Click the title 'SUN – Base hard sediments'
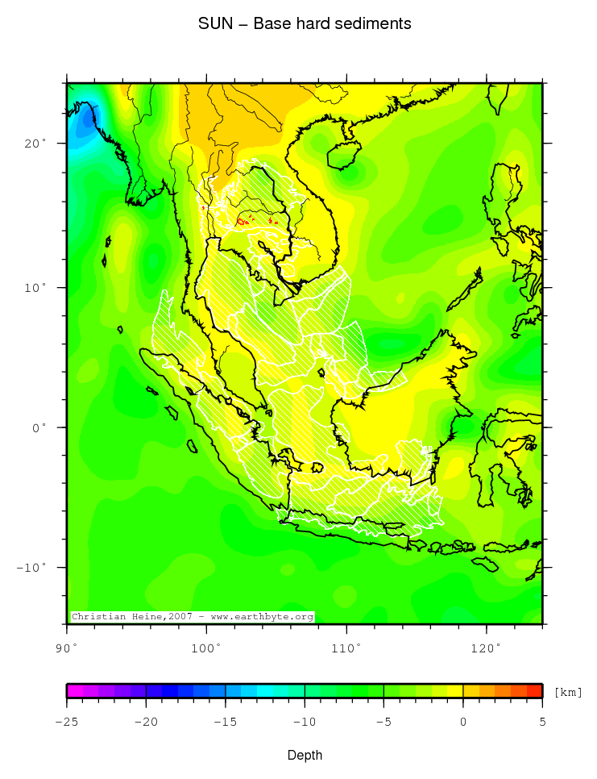click(305, 24)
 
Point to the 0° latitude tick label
click(38, 427)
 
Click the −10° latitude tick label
click(31, 568)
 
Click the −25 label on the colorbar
click(66, 721)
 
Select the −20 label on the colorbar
click(145, 721)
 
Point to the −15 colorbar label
click(224, 721)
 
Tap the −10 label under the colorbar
click(304, 721)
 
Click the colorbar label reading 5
click(542, 721)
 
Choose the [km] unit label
click(568, 693)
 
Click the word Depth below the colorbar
click(305, 755)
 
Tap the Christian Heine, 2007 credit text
click(192, 617)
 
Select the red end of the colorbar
click(534, 690)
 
